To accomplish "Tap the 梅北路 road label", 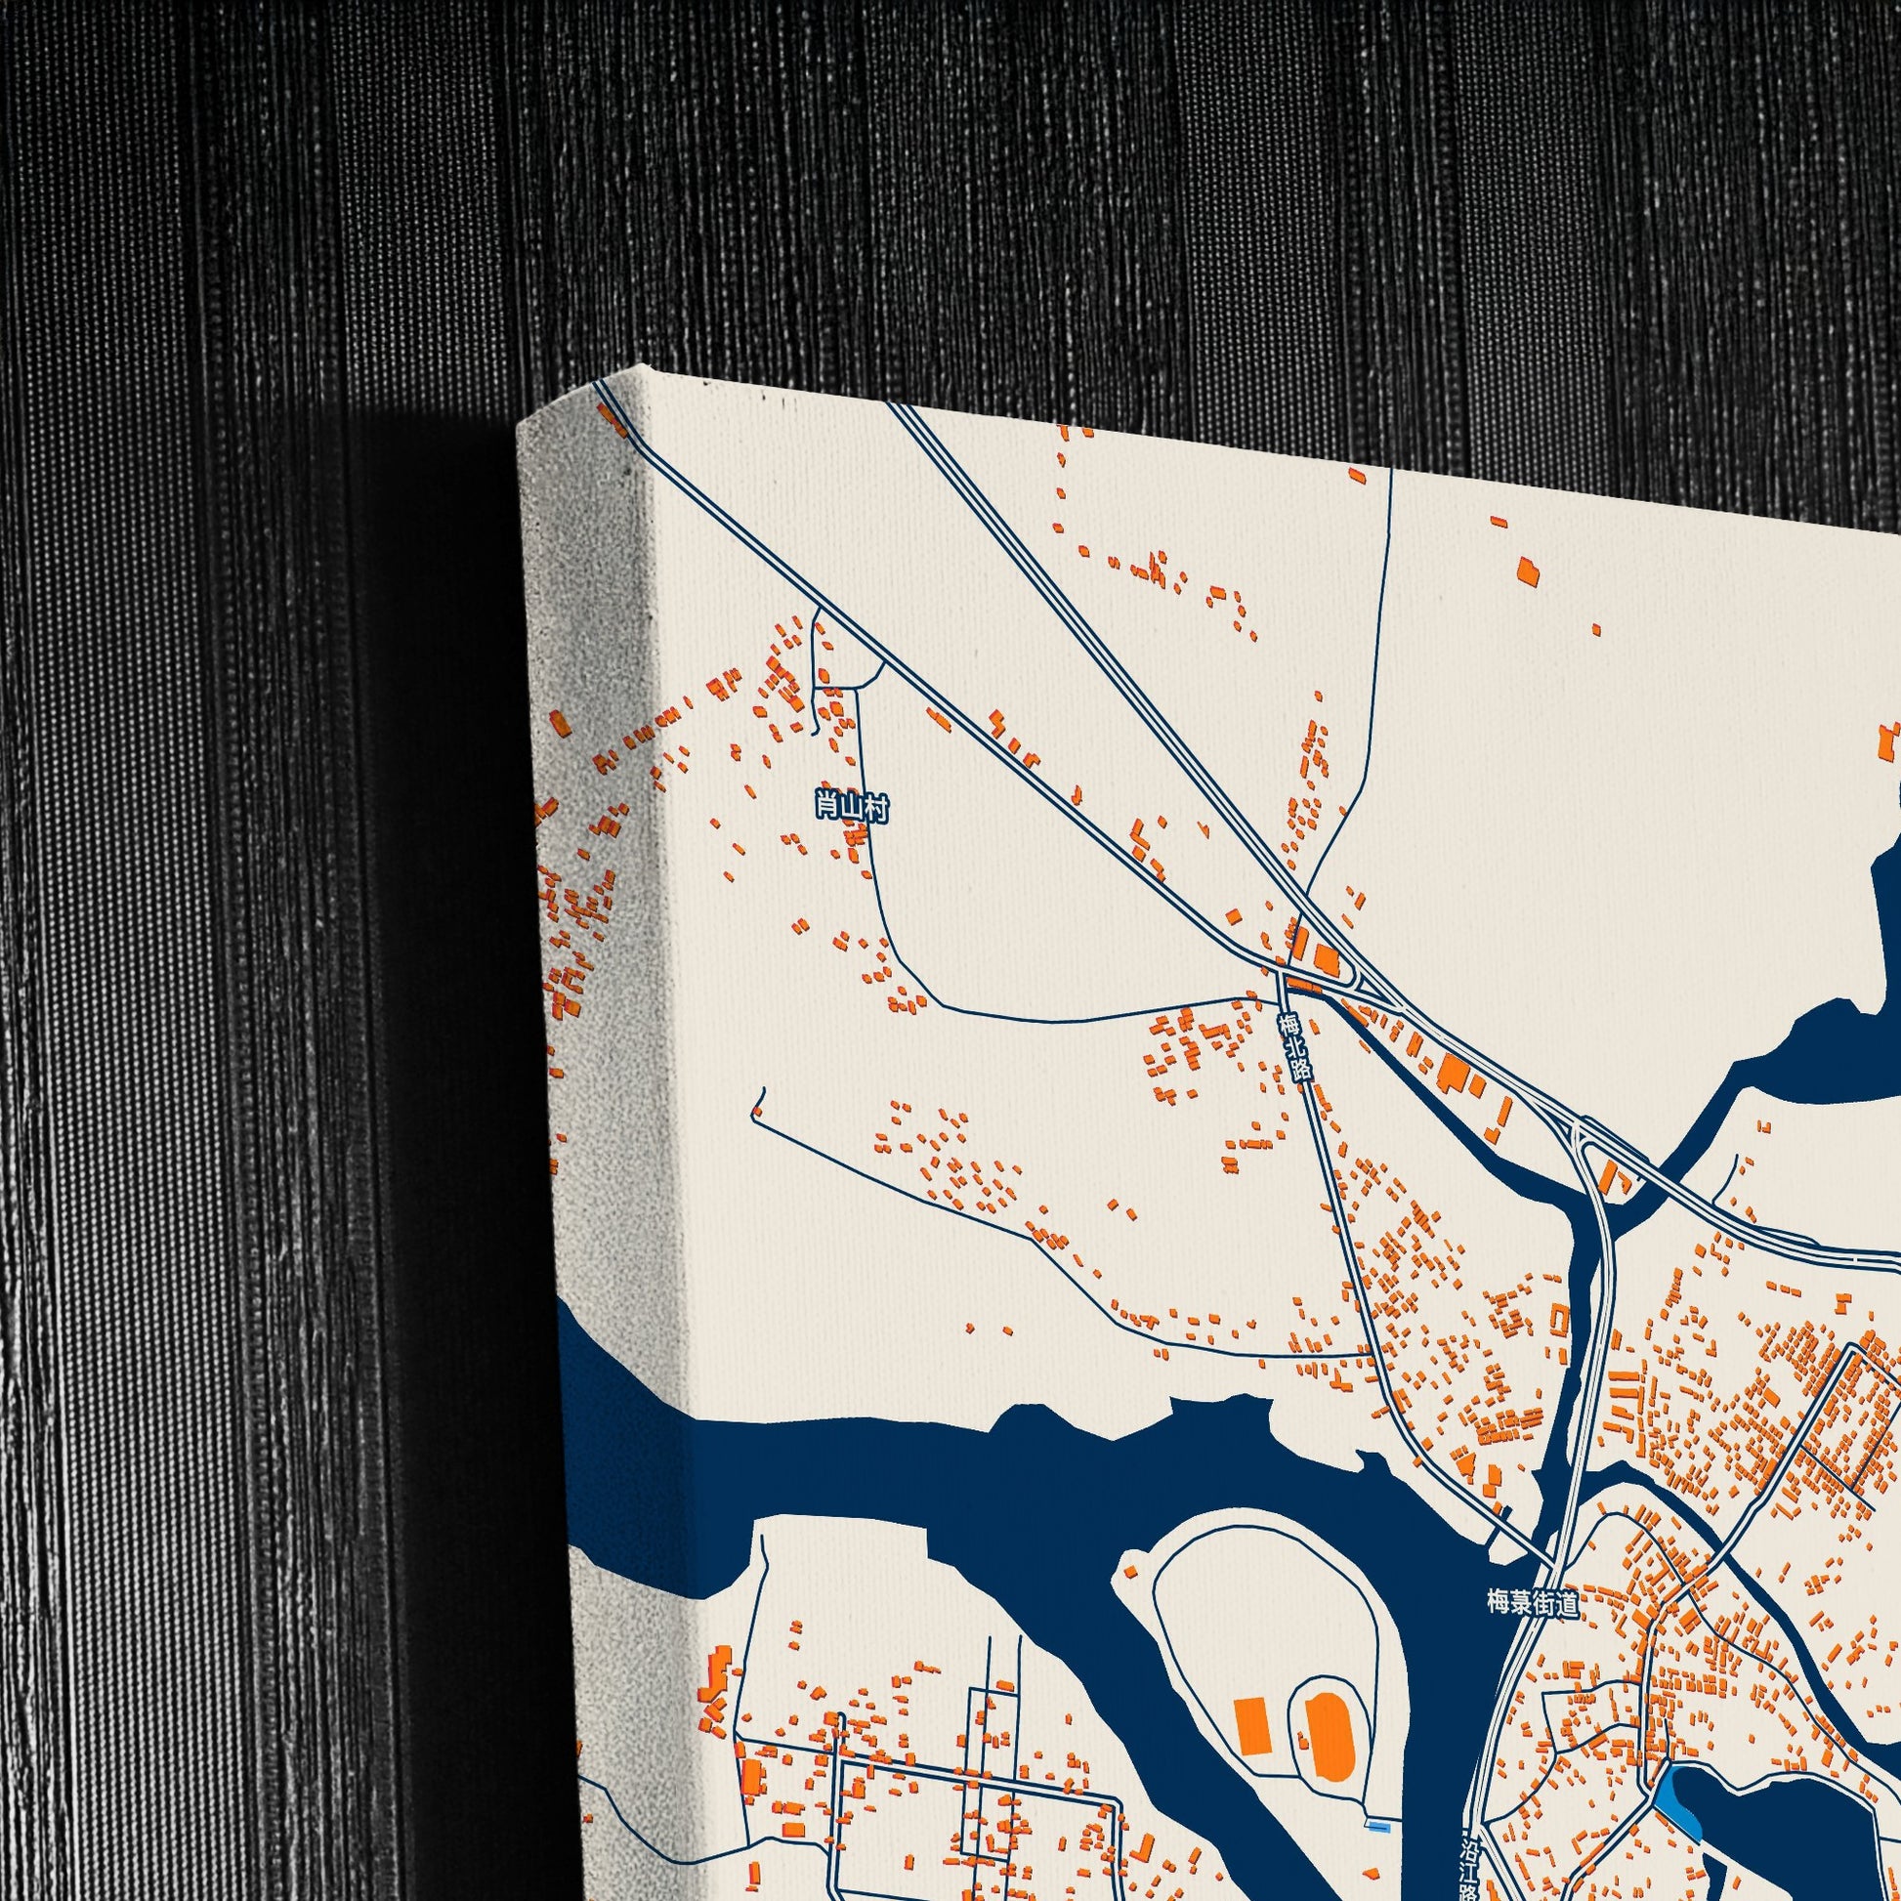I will click(1295, 1048).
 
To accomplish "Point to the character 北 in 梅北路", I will click(1295, 1048).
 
